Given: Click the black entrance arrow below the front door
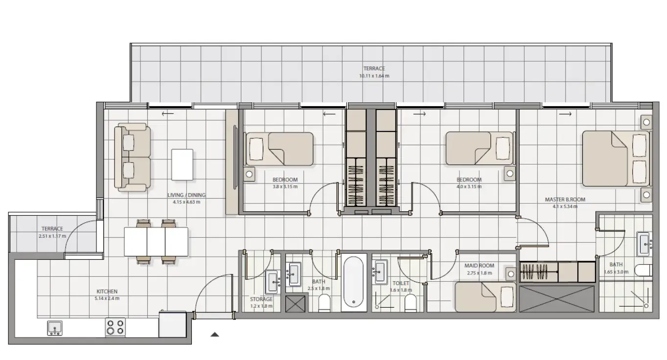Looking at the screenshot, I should [214, 335].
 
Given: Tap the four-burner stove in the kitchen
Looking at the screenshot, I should [115, 327].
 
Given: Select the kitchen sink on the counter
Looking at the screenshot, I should [54, 328].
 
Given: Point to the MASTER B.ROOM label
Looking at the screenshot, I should [565, 200].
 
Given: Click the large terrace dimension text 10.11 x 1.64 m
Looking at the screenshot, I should [374, 76].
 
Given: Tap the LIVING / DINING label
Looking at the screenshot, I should [186, 195].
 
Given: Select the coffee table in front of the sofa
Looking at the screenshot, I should [182, 165].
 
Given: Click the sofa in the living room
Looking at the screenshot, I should [132, 157].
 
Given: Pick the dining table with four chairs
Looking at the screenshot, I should [156, 242].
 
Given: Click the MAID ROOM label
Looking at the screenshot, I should [479, 266].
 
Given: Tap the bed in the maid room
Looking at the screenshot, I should [484, 297].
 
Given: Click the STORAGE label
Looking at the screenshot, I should [261, 299].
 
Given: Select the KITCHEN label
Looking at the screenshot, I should [107, 292].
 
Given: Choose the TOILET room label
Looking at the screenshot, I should [400, 283].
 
